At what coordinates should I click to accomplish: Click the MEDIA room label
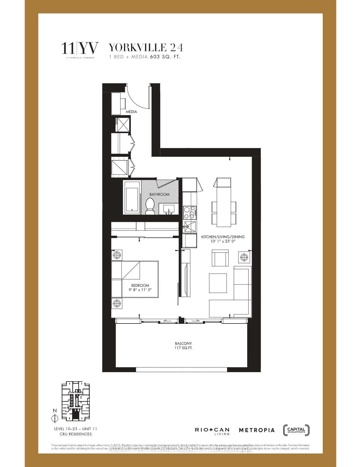(131, 112)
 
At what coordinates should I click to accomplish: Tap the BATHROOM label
(159, 194)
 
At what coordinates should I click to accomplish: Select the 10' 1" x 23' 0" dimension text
(223, 241)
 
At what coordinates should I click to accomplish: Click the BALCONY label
(183, 343)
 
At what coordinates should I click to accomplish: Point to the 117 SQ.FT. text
(183, 348)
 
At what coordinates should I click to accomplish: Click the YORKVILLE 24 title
(146, 48)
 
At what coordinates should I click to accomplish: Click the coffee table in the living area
(218, 283)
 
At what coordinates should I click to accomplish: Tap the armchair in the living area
(220, 258)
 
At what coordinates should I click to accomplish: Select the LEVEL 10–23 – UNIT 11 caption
(76, 429)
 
